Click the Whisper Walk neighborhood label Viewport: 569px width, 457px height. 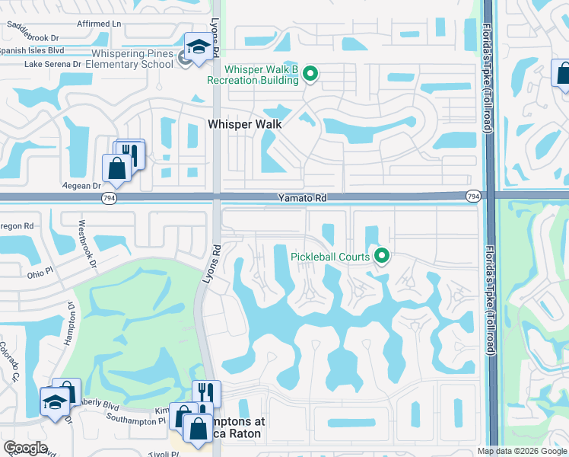pyautogui.click(x=245, y=124)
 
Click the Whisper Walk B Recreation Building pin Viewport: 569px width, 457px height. pyautogui.click(x=310, y=74)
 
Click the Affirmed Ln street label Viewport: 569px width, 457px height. pyautogui.click(x=99, y=24)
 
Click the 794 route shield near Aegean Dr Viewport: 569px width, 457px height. pyautogui.click(x=110, y=197)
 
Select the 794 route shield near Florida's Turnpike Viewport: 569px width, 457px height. pyautogui.click(x=473, y=197)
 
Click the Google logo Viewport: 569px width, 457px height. pyautogui.click(x=26, y=448)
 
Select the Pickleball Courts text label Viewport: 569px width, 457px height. pyautogui.click(x=330, y=257)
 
